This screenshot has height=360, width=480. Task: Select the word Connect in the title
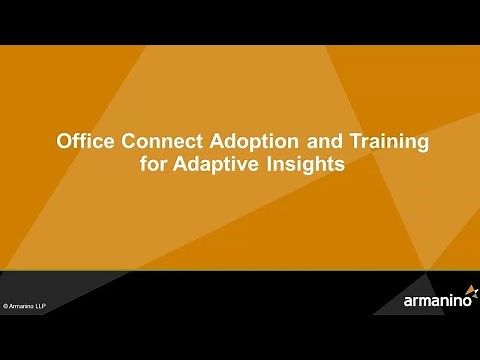pos(150,143)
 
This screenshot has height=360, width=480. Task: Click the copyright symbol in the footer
pos(6,305)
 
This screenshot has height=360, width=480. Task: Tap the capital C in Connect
pos(120,143)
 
